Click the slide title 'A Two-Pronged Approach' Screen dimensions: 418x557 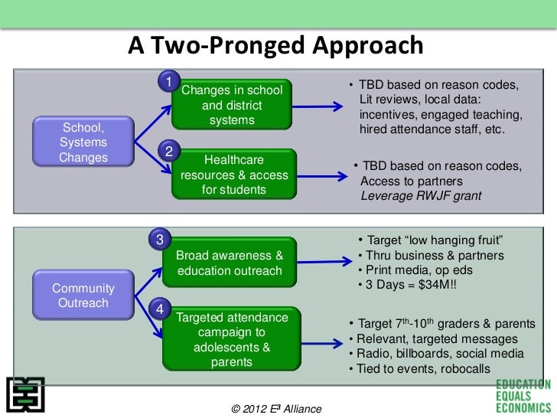point(275,47)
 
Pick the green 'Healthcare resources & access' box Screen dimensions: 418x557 point(233,175)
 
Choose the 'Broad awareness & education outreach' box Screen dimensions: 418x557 point(230,263)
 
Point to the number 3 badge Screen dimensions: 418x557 point(158,239)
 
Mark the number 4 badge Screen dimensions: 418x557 point(158,309)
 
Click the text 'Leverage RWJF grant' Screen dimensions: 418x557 point(421,196)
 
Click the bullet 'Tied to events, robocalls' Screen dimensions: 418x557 point(419,369)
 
